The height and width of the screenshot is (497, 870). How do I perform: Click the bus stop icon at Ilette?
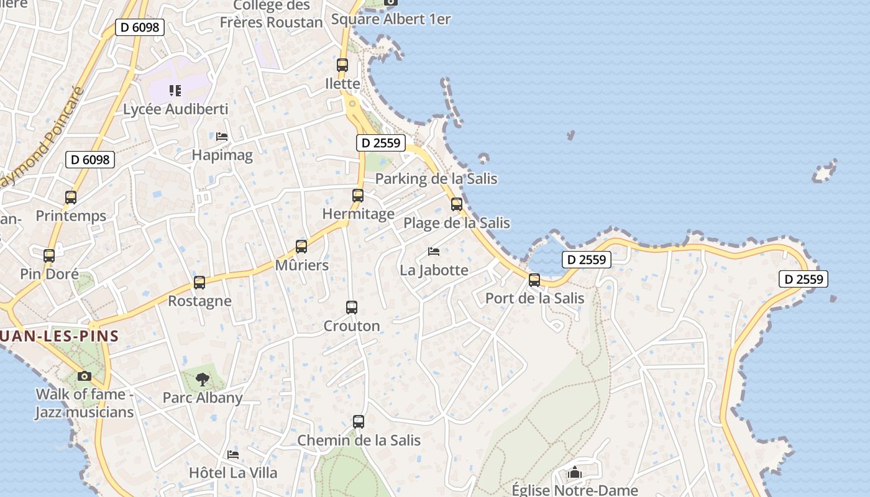tap(342, 65)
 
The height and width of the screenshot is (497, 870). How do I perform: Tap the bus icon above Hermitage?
tap(358, 196)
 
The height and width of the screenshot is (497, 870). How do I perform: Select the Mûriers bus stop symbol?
tap(301, 247)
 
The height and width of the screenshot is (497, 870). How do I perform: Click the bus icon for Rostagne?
tap(199, 283)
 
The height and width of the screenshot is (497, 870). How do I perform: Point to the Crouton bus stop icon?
tap(352, 308)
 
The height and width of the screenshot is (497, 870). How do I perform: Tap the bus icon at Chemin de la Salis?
tap(359, 422)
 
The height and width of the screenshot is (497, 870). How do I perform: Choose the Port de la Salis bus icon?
tap(534, 280)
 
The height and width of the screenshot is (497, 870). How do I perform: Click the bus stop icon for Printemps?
tap(71, 198)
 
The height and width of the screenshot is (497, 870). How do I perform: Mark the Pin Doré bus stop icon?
tap(49, 255)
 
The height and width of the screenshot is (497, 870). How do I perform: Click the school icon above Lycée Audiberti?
tap(175, 91)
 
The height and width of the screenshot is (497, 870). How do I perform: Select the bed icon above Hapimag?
tap(222, 137)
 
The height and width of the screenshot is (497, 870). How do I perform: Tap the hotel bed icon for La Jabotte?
tap(434, 252)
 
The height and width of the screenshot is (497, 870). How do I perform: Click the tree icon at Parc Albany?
tap(202, 380)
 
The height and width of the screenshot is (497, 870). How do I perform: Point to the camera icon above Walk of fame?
tap(85, 376)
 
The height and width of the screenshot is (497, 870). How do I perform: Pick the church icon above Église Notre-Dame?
tap(575, 473)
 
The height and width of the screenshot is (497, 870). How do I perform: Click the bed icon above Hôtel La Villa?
tap(233, 455)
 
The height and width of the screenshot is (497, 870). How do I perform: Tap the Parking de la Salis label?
tap(436, 179)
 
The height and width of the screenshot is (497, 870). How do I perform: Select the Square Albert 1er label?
tap(391, 19)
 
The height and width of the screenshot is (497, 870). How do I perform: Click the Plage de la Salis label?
tap(457, 223)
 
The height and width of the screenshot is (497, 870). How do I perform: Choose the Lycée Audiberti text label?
tap(176, 109)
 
